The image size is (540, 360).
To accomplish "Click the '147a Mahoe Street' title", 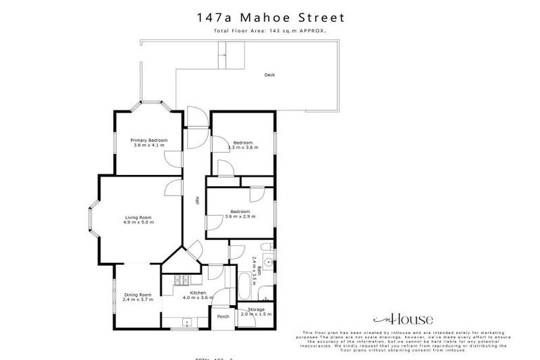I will click(270, 17).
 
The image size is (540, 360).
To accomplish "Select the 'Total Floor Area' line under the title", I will click(270, 32).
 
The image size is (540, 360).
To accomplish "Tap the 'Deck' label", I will click(269, 75).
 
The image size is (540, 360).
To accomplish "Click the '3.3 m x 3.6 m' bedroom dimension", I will click(243, 148).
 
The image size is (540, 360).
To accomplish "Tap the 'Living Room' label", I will click(139, 217).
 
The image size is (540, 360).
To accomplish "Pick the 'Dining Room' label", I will click(138, 294).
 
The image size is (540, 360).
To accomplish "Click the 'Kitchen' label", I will click(198, 292).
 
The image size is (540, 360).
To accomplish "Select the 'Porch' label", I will click(223, 316).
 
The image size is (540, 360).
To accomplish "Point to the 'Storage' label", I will click(256, 309).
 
